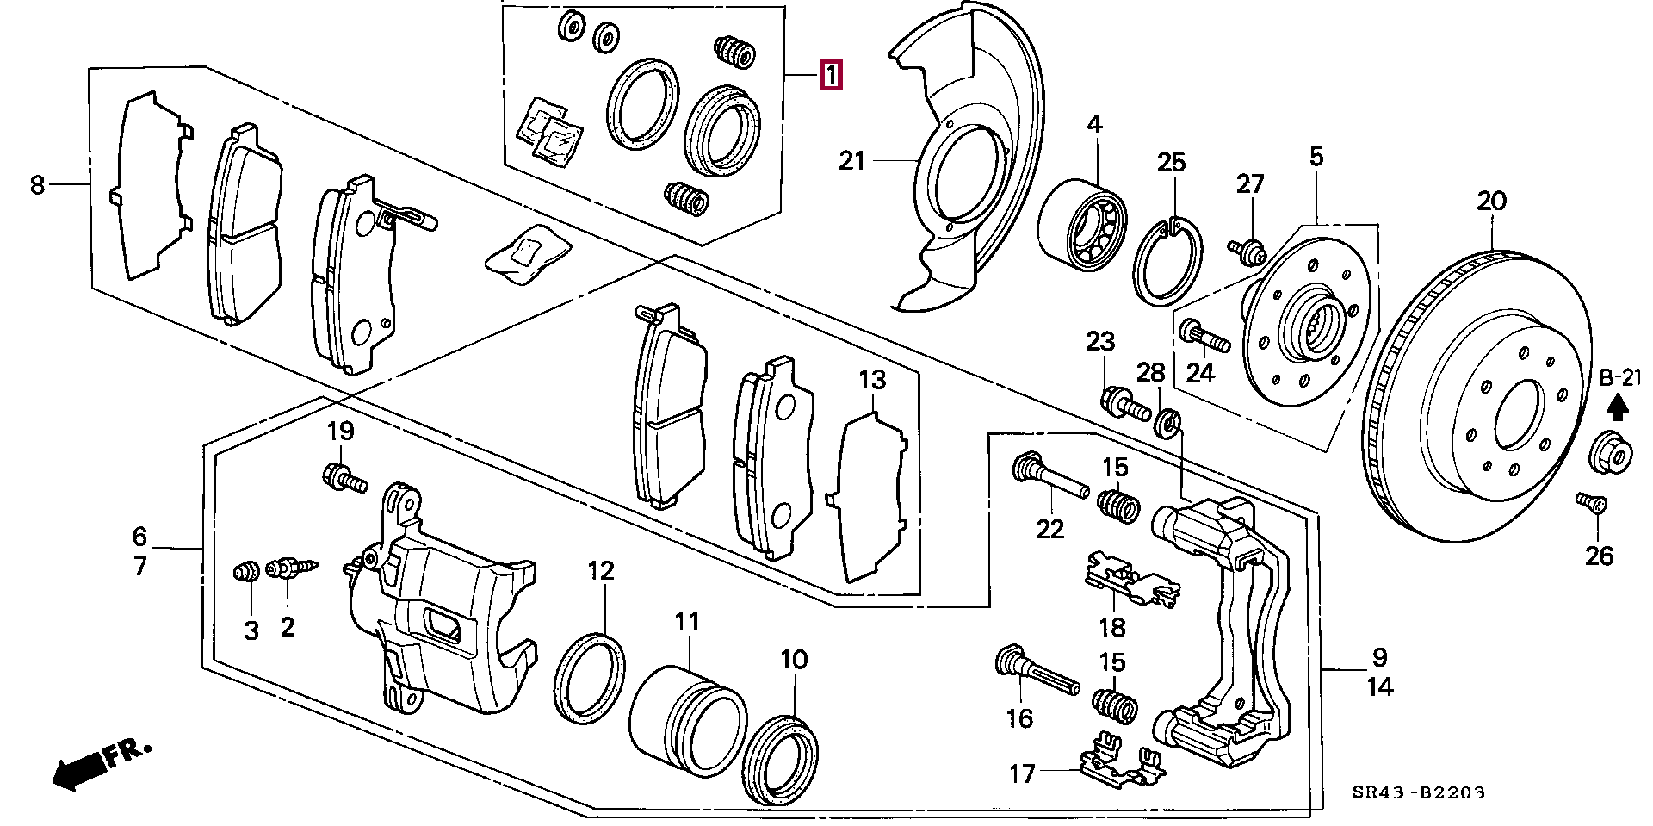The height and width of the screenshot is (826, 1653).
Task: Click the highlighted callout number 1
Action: click(829, 75)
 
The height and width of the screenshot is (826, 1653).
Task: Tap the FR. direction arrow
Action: click(100, 764)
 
